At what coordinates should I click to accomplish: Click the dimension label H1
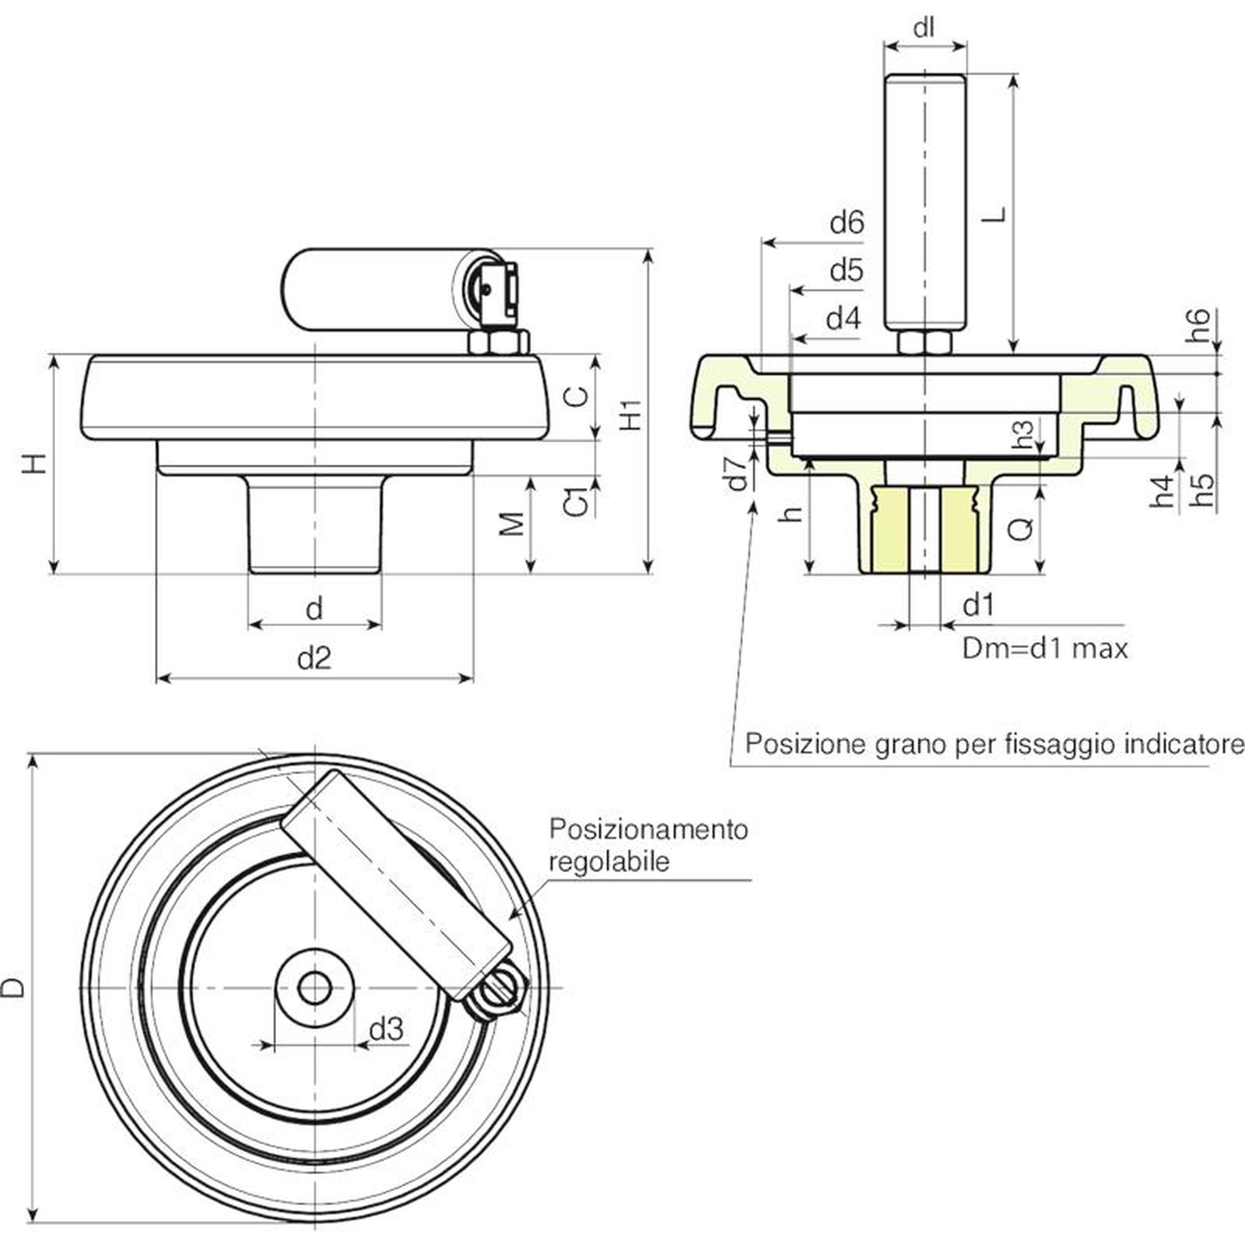click(x=632, y=414)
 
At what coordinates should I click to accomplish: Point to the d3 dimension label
click(x=386, y=1029)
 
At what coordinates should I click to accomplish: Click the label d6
click(x=847, y=223)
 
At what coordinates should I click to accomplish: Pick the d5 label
click(x=847, y=271)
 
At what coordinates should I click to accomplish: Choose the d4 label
click(x=843, y=318)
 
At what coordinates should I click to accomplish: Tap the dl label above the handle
click(x=924, y=29)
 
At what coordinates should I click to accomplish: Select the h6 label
click(x=1199, y=325)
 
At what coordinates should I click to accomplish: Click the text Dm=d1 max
click(x=1045, y=648)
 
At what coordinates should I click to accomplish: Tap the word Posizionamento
click(x=648, y=829)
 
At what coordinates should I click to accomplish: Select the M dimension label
click(x=512, y=525)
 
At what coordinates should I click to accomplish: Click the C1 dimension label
click(x=576, y=502)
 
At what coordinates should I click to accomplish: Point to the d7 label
click(x=736, y=474)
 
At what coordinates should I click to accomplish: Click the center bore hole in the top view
click(x=314, y=989)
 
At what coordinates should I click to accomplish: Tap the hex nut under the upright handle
click(x=924, y=342)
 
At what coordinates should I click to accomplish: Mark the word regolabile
click(x=608, y=862)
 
